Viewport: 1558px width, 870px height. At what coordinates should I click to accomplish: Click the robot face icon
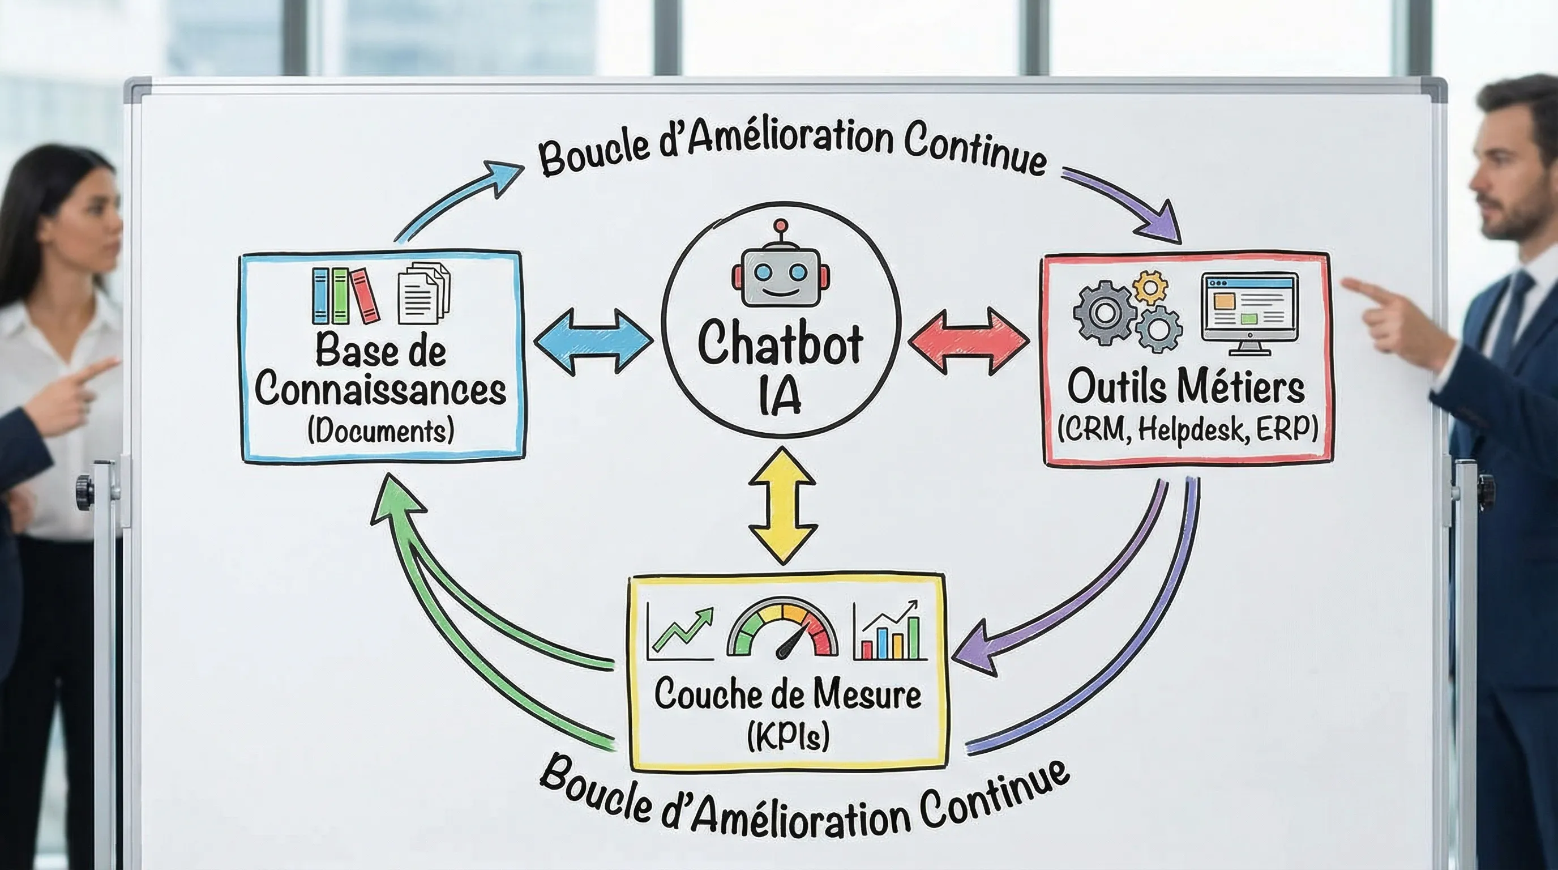pyautogui.click(x=780, y=278)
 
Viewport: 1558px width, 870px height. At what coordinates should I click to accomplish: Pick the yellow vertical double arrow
pyautogui.click(x=782, y=506)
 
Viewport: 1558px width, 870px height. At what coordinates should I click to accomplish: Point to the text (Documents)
pyautogui.click(x=380, y=431)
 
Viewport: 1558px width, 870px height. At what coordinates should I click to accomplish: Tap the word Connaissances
pyautogui.click(x=380, y=391)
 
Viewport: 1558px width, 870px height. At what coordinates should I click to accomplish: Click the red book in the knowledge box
pyautogui.click(x=365, y=296)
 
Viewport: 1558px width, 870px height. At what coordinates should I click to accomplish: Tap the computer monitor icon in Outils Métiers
pyautogui.click(x=1249, y=312)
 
